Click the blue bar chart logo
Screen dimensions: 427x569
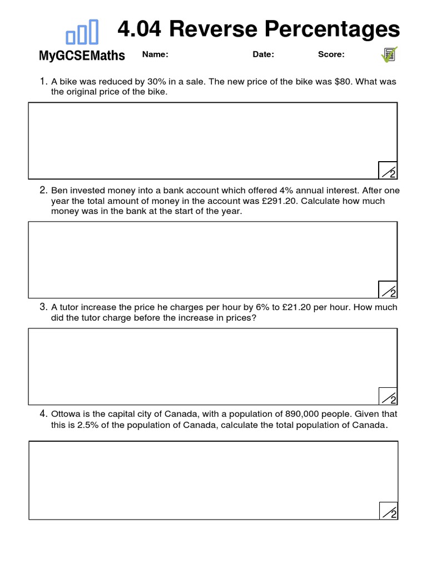[x=82, y=32]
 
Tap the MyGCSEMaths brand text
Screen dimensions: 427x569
[x=82, y=56]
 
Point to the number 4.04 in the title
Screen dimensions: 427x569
[x=140, y=29]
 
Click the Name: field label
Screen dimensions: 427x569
[x=155, y=54]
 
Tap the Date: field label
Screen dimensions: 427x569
[x=264, y=54]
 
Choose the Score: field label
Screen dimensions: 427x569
[x=331, y=54]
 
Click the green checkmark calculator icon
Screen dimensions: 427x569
[x=389, y=54]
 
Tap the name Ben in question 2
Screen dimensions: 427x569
[x=59, y=191]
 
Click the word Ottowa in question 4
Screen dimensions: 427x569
[x=67, y=414]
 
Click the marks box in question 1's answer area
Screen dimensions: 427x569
[x=388, y=171]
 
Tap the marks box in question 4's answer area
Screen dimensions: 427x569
[x=389, y=511]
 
